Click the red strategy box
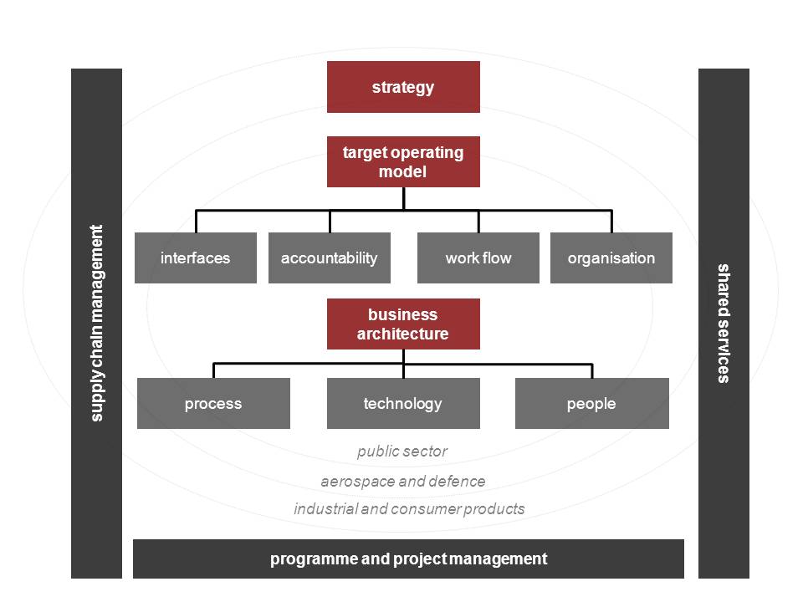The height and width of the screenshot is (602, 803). coord(403,87)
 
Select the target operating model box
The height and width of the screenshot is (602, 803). coord(403,161)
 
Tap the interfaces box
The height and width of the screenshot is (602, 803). coord(196,258)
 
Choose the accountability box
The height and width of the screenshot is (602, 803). coord(330,258)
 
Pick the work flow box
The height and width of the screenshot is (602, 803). coord(478,258)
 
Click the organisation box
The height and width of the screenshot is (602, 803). coord(611,258)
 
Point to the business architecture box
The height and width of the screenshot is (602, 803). coord(403,324)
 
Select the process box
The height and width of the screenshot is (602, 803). coord(213,404)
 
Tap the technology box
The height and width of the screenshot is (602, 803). coord(403,404)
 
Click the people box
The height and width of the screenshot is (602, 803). coord(591,404)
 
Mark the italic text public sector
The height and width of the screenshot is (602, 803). coord(402,451)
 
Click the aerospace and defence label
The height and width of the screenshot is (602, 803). coord(402,482)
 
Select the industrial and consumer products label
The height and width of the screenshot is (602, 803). coord(409,508)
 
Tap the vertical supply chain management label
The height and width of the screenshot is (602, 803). coord(97,323)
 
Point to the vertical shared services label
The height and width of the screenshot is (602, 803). coord(724,323)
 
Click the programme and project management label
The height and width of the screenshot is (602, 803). coord(408,559)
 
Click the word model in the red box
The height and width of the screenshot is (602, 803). coord(403,172)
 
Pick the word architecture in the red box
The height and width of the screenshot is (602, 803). coord(403,334)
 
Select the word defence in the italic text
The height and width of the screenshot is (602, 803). coord(456,482)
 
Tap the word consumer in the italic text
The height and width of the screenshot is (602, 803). coord(430,508)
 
